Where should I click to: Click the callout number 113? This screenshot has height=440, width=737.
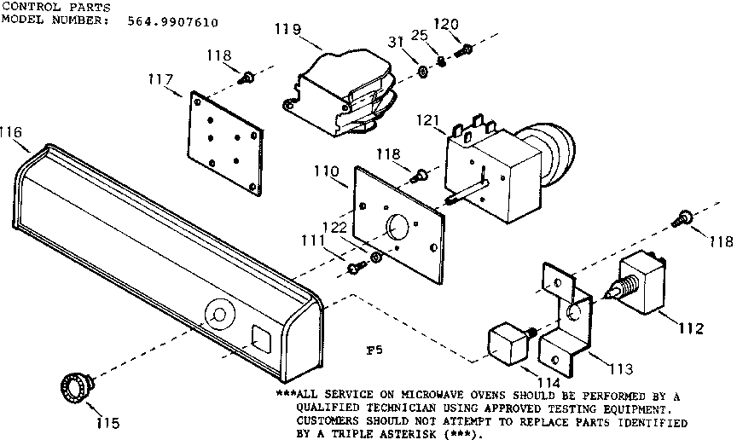[621, 369]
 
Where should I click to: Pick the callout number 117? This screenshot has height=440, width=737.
[160, 80]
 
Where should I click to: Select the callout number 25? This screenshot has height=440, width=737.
[441, 35]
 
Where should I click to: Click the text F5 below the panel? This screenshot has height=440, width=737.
[373, 350]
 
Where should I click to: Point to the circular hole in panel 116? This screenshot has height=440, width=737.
[218, 315]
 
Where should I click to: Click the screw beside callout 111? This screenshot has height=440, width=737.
[356, 268]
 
